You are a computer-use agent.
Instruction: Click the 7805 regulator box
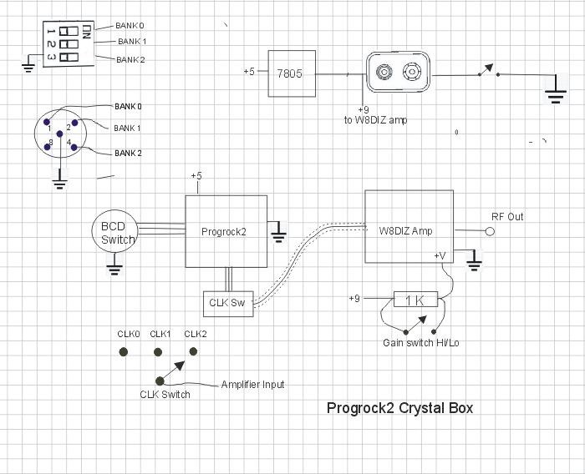pos(291,73)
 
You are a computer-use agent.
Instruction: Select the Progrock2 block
pos(226,231)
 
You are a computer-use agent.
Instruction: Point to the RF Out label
pos(506,217)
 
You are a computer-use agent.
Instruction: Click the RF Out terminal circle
pos(490,231)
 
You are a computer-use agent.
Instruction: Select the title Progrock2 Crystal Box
pos(399,408)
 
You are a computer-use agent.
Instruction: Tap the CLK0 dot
pos(124,352)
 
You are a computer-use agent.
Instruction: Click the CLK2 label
pos(195,334)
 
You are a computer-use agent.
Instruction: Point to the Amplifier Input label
pos(252,385)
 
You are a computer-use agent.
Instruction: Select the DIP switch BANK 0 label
pos(130,25)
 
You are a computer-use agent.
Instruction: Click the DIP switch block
pos(68,43)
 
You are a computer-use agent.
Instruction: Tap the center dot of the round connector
pos(59,134)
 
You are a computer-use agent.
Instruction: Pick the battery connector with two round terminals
pos(397,73)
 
